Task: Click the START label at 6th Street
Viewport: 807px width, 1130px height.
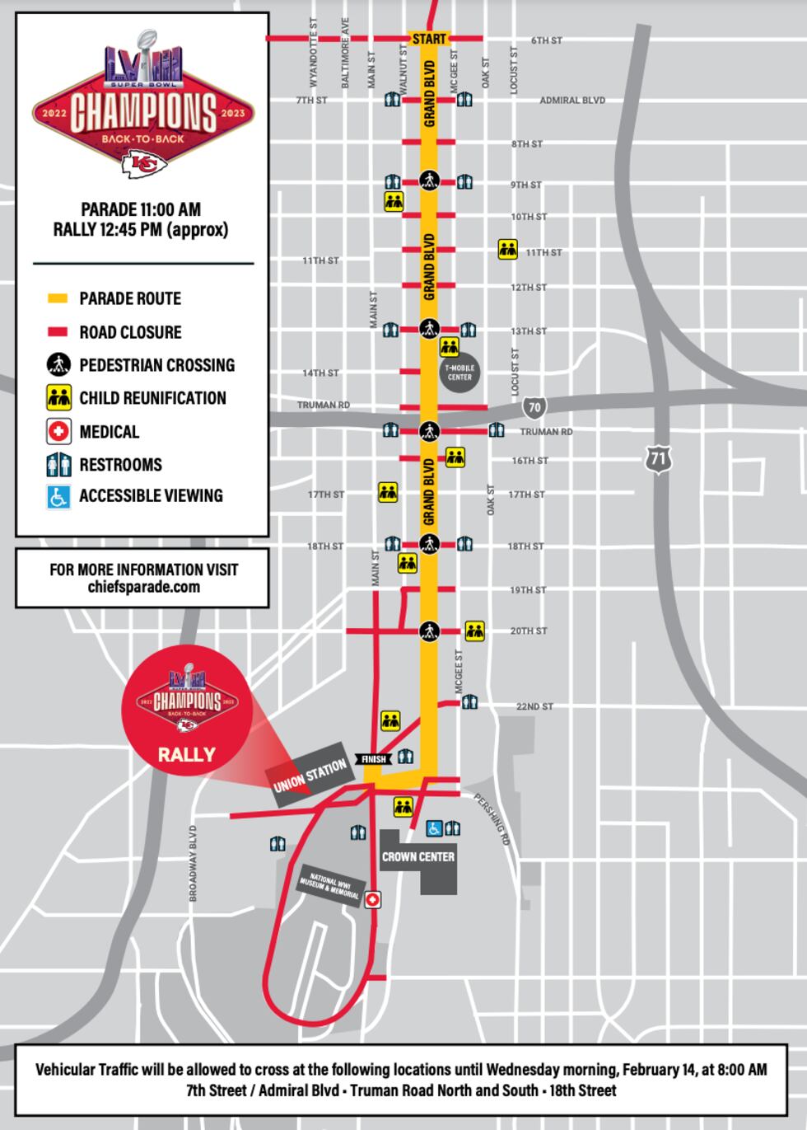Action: click(429, 39)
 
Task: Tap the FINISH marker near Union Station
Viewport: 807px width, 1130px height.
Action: click(373, 759)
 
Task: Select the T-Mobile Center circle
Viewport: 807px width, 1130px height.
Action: click(459, 373)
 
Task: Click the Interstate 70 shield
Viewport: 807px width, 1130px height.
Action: click(535, 407)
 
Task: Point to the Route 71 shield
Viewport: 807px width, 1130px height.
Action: click(657, 459)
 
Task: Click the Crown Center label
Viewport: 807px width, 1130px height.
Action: click(417, 857)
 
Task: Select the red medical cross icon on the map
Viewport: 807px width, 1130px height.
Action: click(373, 901)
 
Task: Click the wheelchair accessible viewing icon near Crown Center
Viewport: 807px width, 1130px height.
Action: click(434, 828)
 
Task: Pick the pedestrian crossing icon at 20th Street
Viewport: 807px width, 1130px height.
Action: click(428, 631)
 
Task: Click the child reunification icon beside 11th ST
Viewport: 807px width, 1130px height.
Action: click(507, 250)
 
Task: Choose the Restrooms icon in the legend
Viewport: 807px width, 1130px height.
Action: click(58, 465)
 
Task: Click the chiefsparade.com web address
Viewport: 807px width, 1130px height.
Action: click(143, 587)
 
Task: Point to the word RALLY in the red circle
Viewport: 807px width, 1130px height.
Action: click(187, 754)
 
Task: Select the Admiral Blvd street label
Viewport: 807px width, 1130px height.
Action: click(572, 101)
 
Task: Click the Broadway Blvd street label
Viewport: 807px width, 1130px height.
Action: click(194, 862)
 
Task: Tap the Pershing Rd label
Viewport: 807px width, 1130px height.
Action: click(493, 819)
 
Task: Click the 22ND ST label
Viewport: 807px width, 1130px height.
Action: click(534, 707)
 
